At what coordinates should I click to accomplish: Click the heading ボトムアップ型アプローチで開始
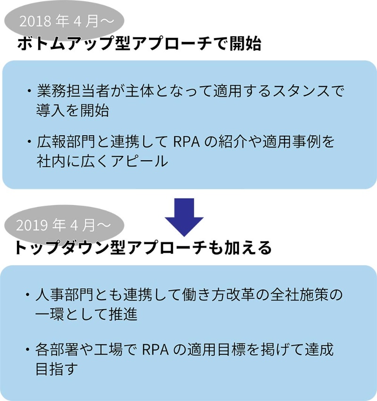pyautogui.click(x=139, y=45)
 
